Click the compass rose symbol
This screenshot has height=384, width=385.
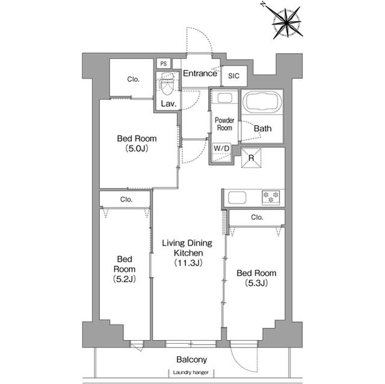pyautogui.click(x=286, y=22)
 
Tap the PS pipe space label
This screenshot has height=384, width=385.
pyautogui.click(x=164, y=64)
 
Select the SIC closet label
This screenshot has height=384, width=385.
pyautogui.click(x=233, y=76)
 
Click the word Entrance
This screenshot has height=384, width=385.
pyautogui.click(x=200, y=73)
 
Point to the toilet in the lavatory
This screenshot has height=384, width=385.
pyautogui.click(x=168, y=85)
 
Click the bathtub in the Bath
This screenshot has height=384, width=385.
pyautogui.click(x=262, y=102)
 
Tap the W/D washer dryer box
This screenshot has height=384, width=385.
pyautogui.click(x=222, y=153)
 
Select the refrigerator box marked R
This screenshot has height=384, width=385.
pyautogui.click(x=251, y=158)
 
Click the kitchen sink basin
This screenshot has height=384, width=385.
pyautogui.click(x=237, y=198)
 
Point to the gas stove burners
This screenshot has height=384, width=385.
pyautogui.click(x=271, y=197)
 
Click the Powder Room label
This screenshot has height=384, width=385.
pyautogui.click(x=224, y=124)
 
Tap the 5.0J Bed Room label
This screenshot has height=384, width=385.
pyautogui.click(x=137, y=144)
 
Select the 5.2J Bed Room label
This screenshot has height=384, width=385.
pyautogui.click(x=125, y=269)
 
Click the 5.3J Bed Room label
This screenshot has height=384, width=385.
pyautogui.click(x=256, y=278)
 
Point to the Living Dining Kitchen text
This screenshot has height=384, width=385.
pyautogui.click(x=187, y=253)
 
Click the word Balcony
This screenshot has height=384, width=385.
pyautogui.click(x=192, y=360)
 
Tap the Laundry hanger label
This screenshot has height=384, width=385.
pyautogui.click(x=191, y=373)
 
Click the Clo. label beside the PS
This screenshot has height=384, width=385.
pyautogui.click(x=134, y=79)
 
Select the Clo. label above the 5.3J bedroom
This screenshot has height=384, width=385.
pyautogui.click(x=257, y=218)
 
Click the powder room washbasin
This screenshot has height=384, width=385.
pyautogui.click(x=224, y=98)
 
